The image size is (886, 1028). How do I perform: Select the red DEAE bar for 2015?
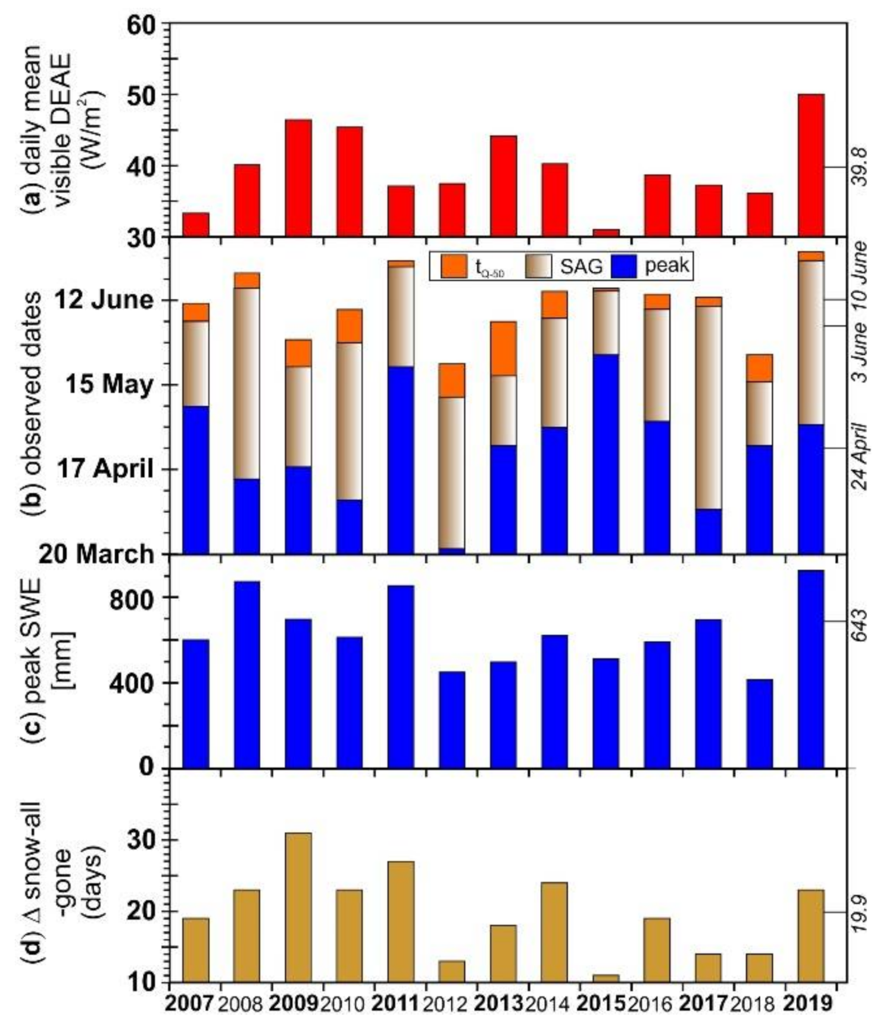pyautogui.click(x=606, y=233)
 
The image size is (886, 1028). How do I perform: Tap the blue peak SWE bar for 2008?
pyautogui.click(x=247, y=674)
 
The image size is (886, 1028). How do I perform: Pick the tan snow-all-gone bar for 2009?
pyautogui.click(x=298, y=907)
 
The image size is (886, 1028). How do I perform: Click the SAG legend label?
pyautogui.click(x=581, y=266)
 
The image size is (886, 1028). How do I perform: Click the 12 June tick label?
pyautogui.click(x=104, y=300)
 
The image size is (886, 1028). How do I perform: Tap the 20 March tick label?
pyautogui.click(x=96, y=554)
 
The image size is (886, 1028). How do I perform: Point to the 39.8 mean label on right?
pyautogui.click(x=860, y=167)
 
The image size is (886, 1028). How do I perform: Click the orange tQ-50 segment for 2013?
pyautogui.click(x=503, y=348)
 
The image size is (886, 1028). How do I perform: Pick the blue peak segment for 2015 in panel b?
pyautogui.click(x=606, y=454)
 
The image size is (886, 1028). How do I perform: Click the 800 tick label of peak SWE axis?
pyautogui.click(x=132, y=598)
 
